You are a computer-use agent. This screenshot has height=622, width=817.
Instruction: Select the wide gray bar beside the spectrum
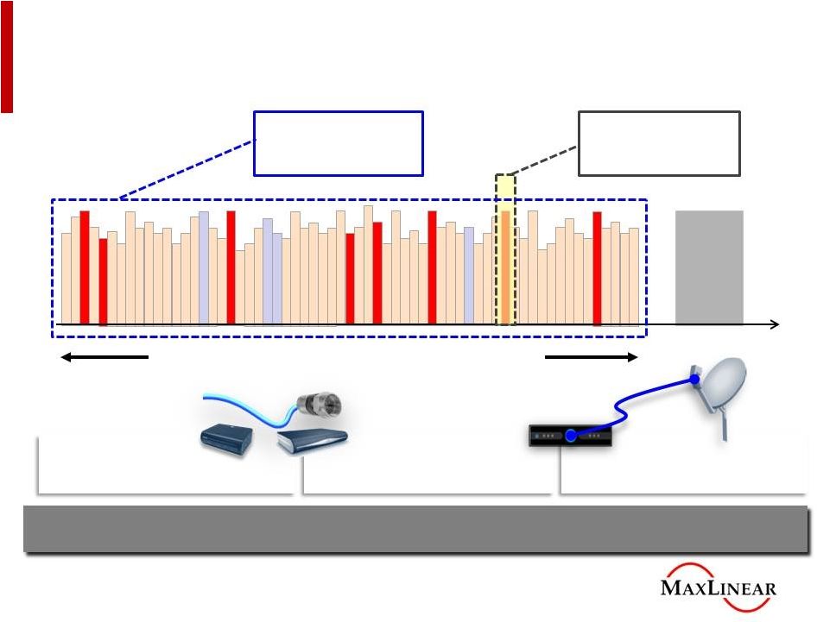[708, 267]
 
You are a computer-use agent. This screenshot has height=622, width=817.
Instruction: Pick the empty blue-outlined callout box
[338, 142]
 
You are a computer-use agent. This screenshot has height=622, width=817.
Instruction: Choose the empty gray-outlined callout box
[658, 142]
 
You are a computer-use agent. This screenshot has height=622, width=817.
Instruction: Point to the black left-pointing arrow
[104, 357]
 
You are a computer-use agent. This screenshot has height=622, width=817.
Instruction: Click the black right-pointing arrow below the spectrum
[591, 357]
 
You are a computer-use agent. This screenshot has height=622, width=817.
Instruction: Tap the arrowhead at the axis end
[775, 324]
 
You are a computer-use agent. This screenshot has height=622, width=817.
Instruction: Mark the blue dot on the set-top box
[570, 436]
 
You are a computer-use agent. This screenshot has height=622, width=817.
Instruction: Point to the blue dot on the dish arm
[694, 378]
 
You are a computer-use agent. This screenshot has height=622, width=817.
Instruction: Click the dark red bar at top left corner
[7, 55]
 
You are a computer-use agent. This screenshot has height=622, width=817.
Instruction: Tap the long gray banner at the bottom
[415, 528]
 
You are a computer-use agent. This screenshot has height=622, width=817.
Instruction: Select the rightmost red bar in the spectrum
[597, 267]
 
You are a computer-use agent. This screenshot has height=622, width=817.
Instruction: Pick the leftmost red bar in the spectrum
[85, 267]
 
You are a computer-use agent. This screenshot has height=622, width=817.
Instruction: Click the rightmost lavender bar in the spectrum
[468, 274]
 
